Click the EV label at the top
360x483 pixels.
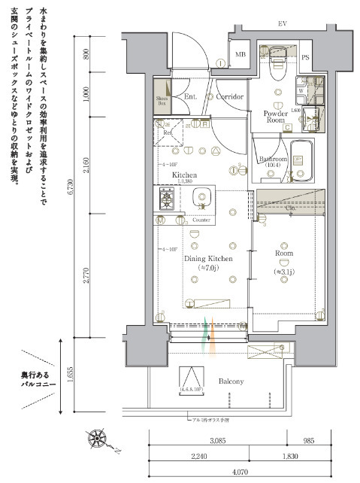tap(283, 24)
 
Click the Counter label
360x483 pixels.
tap(201, 220)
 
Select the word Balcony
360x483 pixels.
tap(231, 381)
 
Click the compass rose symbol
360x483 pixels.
tap(97, 439)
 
